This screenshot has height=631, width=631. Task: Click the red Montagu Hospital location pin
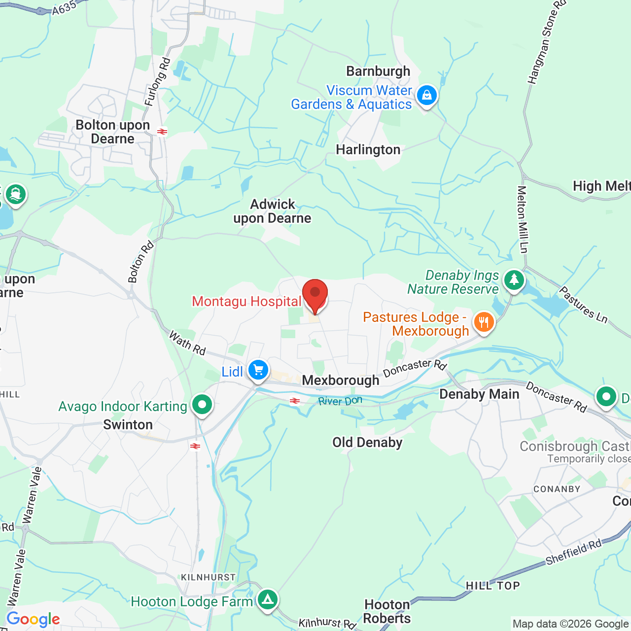(315, 294)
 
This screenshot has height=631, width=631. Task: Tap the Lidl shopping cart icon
(258, 370)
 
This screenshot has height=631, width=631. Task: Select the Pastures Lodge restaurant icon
(484, 322)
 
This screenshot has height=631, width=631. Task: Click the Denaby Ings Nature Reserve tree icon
(514, 280)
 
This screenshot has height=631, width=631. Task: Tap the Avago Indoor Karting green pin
(202, 405)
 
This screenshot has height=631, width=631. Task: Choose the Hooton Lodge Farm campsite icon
(267, 599)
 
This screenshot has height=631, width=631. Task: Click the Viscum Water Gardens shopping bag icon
(426, 95)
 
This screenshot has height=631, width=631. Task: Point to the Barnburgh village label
(378, 71)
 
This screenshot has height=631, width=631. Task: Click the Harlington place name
(368, 150)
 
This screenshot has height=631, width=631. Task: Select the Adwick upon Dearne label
(272, 211)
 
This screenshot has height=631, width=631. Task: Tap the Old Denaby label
(367, 443)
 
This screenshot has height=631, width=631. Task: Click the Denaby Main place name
(479, 394)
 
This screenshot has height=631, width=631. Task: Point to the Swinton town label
(128, 425)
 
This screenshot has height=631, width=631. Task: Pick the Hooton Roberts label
(387, 611)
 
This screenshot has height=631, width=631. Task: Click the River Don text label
(340, 401)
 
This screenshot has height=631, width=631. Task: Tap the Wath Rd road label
(187, 343)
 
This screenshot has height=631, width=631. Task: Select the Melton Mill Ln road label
(522, 219)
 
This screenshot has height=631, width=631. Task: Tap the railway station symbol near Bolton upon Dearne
(162, 132)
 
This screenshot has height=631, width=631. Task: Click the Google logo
(33, 619)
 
